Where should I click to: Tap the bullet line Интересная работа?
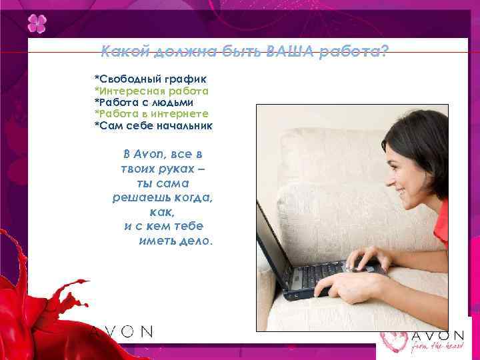tap(153, 91)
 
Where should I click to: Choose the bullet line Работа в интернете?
tap(153, 114)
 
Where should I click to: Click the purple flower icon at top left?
tap(37, 25)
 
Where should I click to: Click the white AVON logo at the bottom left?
tap(121, 331)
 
